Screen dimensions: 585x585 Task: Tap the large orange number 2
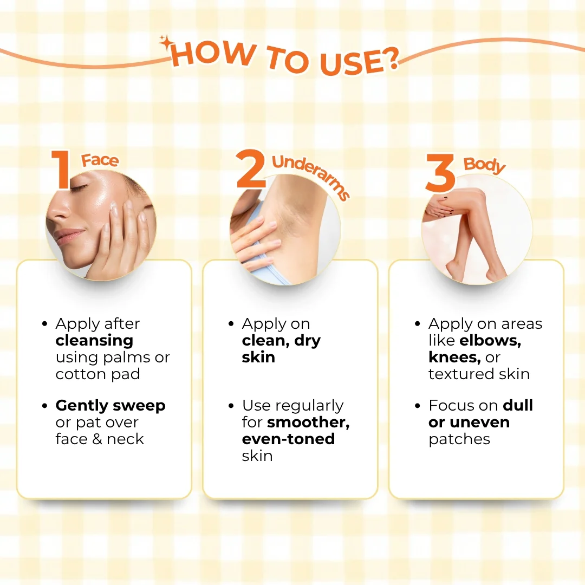(x=251, y=168)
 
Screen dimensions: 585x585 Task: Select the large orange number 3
(x=440, y=173)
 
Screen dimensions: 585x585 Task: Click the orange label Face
(x=100, y=160)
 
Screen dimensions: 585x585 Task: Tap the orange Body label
(x=484, y=165)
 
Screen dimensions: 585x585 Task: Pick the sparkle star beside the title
(x=165, y=43)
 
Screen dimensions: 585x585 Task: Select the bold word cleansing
(x=94, y=340)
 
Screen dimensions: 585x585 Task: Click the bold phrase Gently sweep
(x=110, y=406)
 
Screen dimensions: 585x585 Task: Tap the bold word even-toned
(x=288, y=439)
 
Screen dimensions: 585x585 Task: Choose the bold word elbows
(x=490, y=341)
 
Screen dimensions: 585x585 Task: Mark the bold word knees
(x=454, y=357)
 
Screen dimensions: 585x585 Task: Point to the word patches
(x=459, y=439)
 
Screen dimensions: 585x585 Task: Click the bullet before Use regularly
(x=231, y=406)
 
